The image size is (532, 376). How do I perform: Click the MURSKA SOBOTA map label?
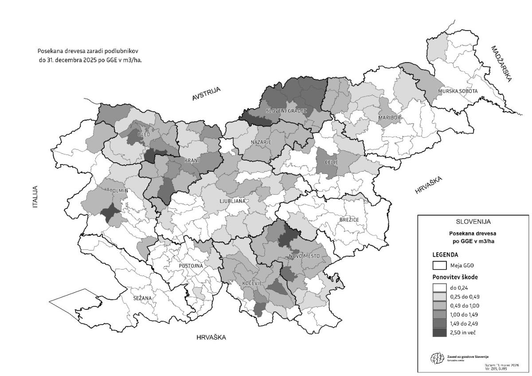pos(458,91)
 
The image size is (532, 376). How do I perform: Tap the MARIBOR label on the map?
pos(389,118)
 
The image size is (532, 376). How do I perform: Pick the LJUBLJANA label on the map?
pos(232,201)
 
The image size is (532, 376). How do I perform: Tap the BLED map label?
pos(144,134)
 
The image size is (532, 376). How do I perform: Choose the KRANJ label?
pos(192,160)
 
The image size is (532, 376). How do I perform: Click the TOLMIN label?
pos(119,191)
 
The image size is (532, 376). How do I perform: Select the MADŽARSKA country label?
pos(501,64)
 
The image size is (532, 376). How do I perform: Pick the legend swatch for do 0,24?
pos(439,287)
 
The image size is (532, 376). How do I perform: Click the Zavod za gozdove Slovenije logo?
pos(436,358)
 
